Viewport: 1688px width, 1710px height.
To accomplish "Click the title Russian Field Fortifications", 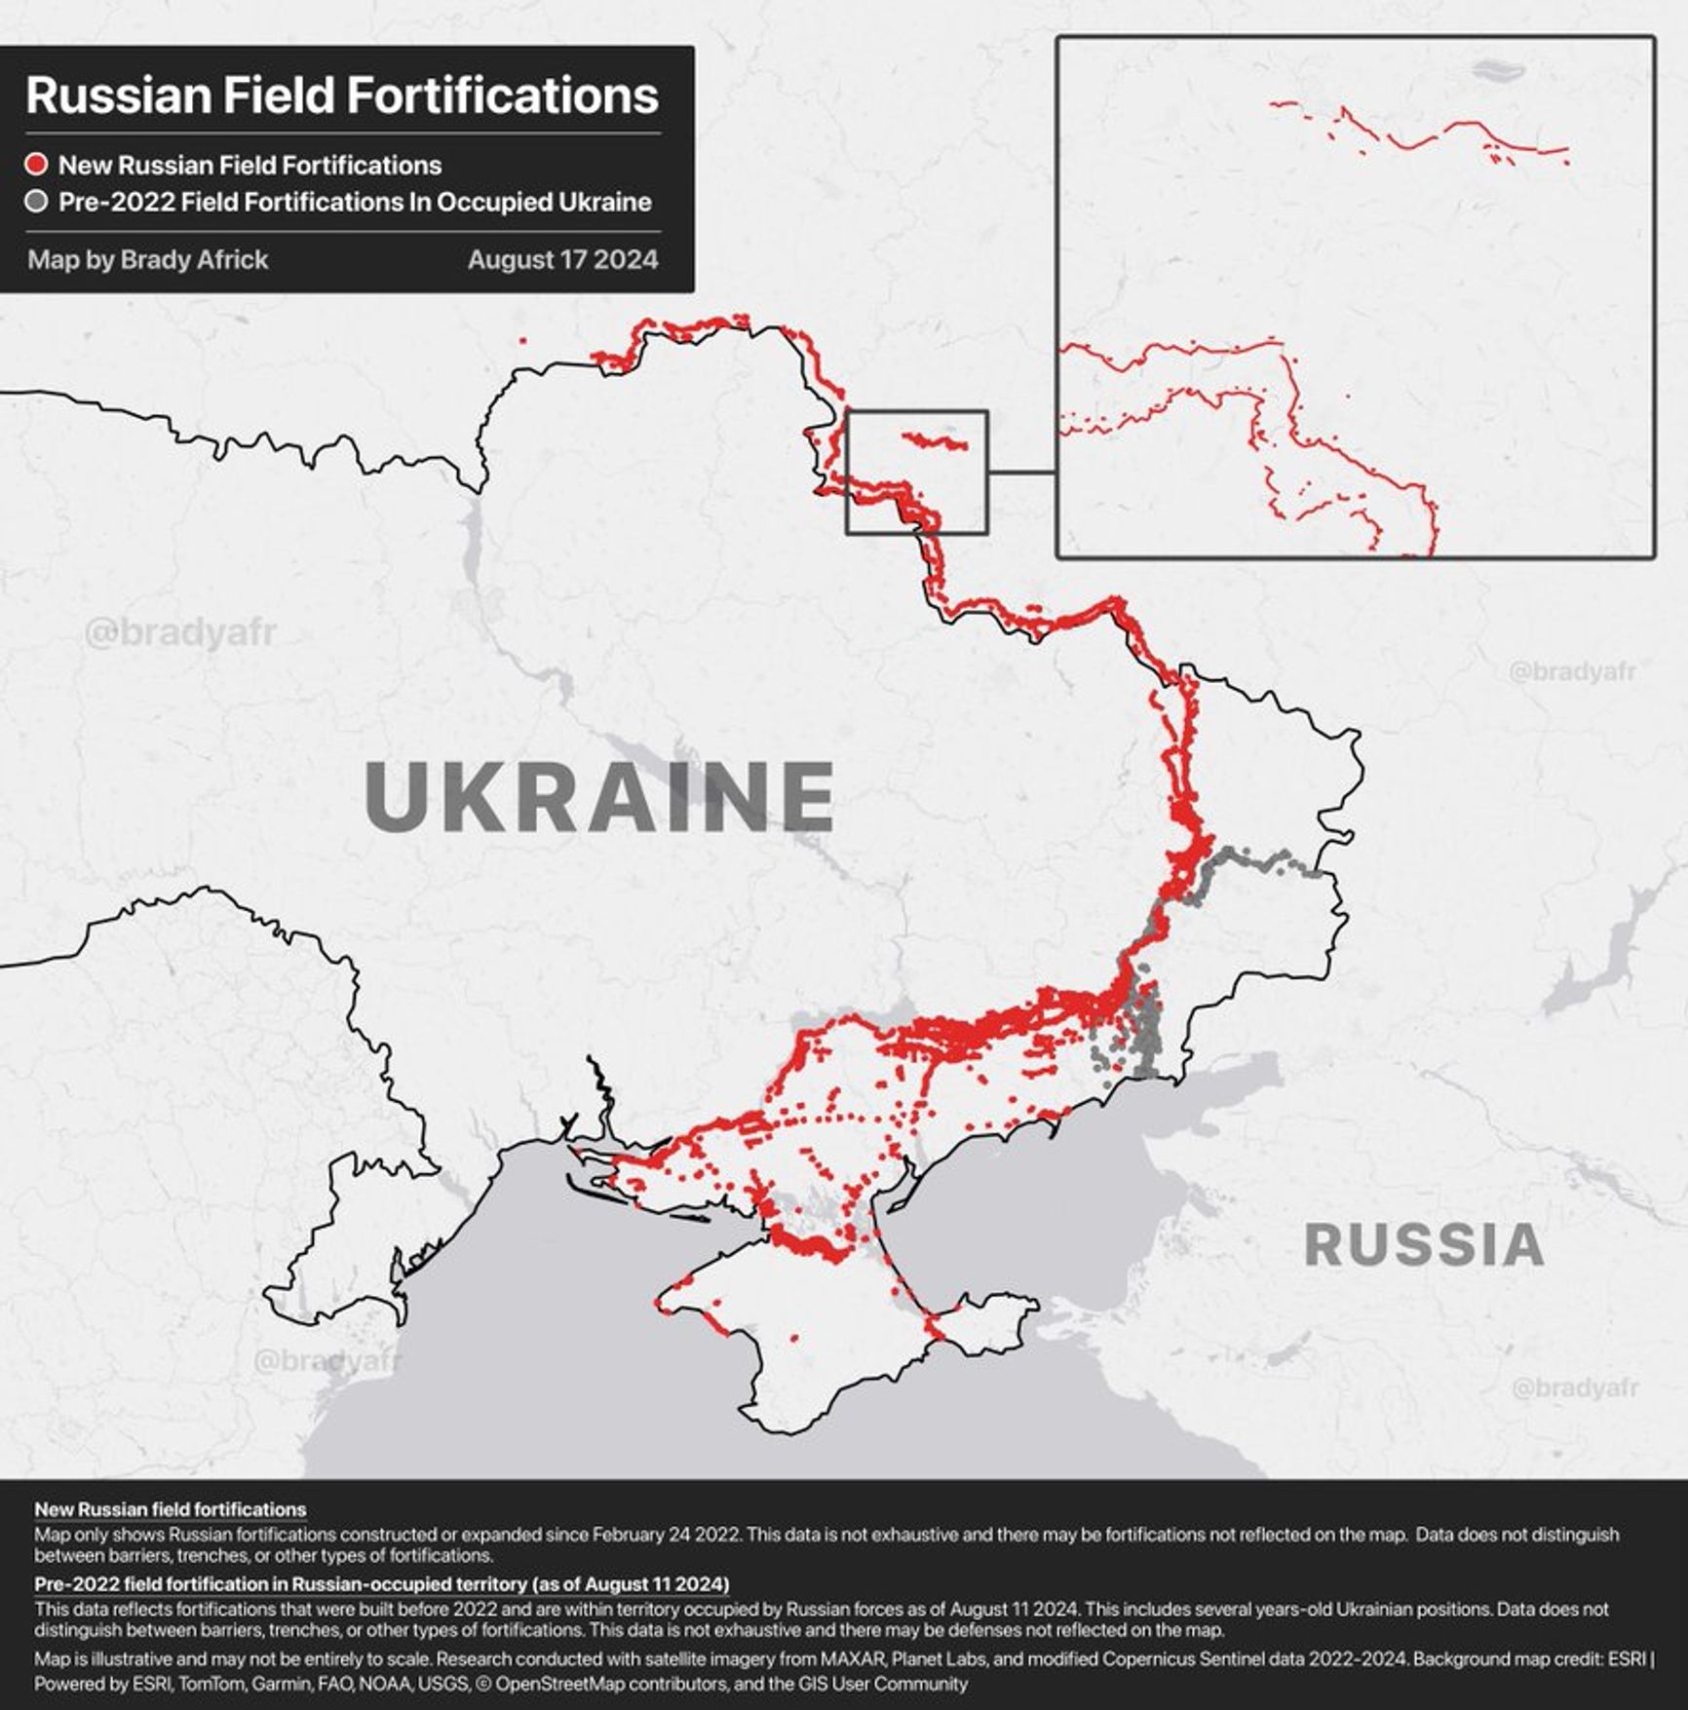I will coord(342,95).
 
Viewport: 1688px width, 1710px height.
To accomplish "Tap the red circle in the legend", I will coord(36,165).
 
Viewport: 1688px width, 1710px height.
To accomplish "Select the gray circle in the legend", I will coord(36,203).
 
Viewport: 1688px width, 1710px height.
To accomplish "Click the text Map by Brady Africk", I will coord(147,260).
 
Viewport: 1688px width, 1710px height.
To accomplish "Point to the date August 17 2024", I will coord(562,260).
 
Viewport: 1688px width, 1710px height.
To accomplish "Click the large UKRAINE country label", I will coord(599,797).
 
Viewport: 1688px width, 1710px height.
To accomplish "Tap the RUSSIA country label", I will coord(1423,1245).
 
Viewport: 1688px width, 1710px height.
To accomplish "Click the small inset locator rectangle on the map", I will coord(916,413).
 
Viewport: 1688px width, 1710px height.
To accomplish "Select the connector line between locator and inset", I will coord(1021,473).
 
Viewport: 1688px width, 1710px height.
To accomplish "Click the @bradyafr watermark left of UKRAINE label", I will coord(180,633).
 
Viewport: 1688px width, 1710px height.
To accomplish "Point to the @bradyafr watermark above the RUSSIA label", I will coord(1571,671).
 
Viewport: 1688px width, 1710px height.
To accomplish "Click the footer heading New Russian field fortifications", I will coord(171,1509).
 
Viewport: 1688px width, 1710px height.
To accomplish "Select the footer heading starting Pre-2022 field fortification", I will coord(381,1583).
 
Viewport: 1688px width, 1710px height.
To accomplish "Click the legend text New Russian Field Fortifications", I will coord(249,165).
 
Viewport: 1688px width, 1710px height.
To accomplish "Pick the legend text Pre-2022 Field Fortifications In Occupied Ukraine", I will coord(355,203).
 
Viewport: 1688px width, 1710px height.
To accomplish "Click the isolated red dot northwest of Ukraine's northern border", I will coord(523,340).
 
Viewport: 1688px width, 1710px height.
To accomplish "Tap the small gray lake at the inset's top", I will coord(1496,70).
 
